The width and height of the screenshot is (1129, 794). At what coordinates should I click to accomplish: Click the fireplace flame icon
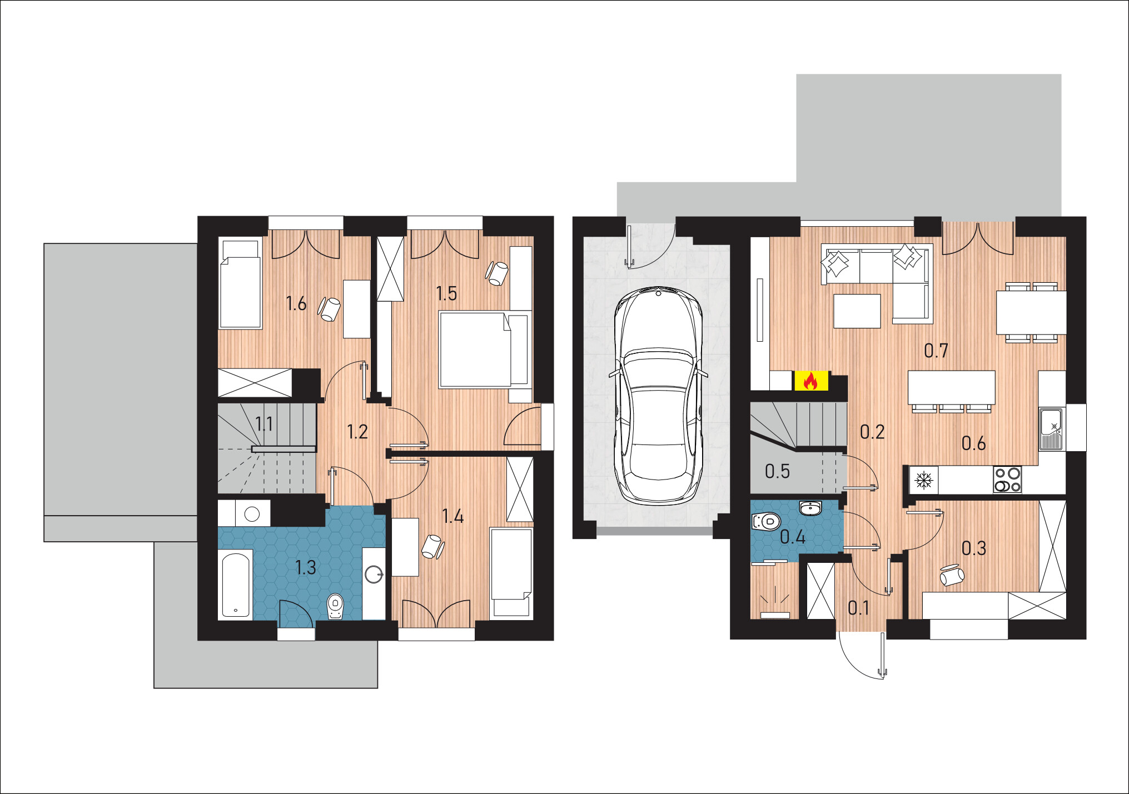(x=810, y=381)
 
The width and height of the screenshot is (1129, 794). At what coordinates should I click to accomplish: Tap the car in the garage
(x=658, y=396)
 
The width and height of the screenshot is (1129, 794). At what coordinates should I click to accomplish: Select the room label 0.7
(x=936, y=351)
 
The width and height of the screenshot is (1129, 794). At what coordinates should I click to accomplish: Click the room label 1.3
(x=305, y=567)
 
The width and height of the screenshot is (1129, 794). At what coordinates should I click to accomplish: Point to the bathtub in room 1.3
(x=237, y=584)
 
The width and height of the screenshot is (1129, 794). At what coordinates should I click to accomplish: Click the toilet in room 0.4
(x=767, y=521)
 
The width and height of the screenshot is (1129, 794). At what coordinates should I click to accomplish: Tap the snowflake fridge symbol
(x=924, y=480)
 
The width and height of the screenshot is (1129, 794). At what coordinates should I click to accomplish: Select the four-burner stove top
(x=1007, y=480)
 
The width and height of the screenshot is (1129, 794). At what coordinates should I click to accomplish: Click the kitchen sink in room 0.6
(x=1051, y=429)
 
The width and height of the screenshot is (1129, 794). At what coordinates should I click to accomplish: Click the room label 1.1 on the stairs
(x=264, y=424)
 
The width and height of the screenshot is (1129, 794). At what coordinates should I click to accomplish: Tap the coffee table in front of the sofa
(x=857, y=311)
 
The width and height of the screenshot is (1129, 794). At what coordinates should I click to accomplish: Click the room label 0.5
(x=777, y=471)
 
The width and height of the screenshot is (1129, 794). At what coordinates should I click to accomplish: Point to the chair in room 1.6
(x=330, y=309)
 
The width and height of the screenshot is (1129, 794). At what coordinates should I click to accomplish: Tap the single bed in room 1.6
(x=240, y=283)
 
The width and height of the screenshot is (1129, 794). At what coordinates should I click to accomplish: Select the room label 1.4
(x=453, y=516)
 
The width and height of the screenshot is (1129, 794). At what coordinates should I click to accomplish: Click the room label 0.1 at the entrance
(x=859, y=608)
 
